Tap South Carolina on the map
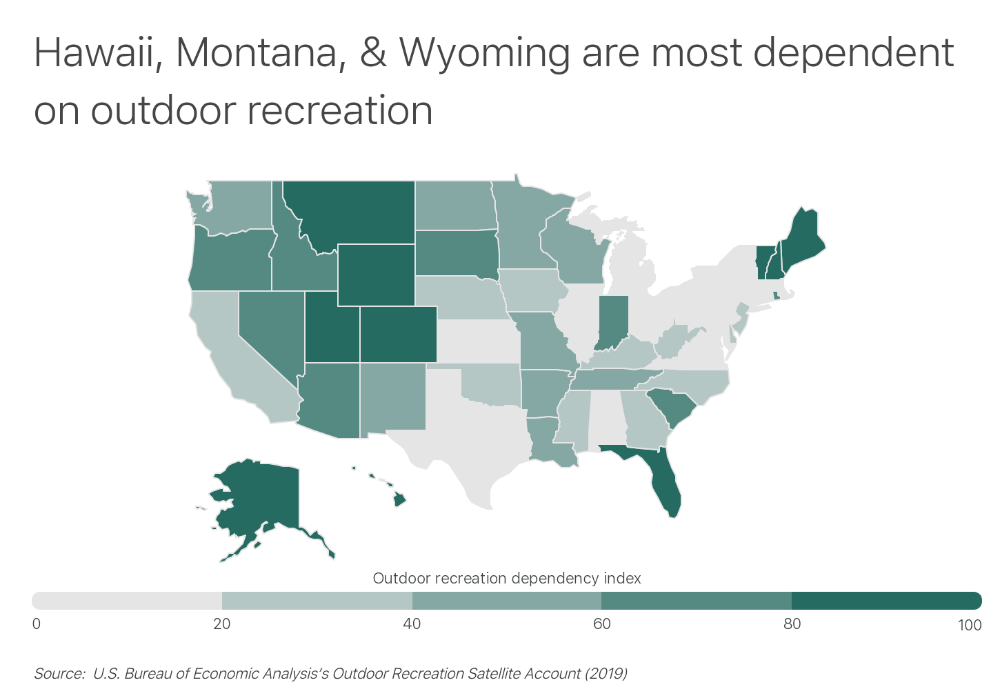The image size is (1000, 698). [672, 407]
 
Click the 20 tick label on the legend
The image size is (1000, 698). [221, 625]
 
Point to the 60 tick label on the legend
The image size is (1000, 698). [602, 625]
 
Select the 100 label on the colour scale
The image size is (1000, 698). [970, 625]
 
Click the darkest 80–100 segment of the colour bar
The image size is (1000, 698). [886, 601]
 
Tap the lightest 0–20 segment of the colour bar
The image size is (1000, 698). [127, 601]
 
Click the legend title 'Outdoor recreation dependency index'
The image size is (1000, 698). [507, 578]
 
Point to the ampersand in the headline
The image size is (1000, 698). [374, 52]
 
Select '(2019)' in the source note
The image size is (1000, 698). [606, 674]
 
